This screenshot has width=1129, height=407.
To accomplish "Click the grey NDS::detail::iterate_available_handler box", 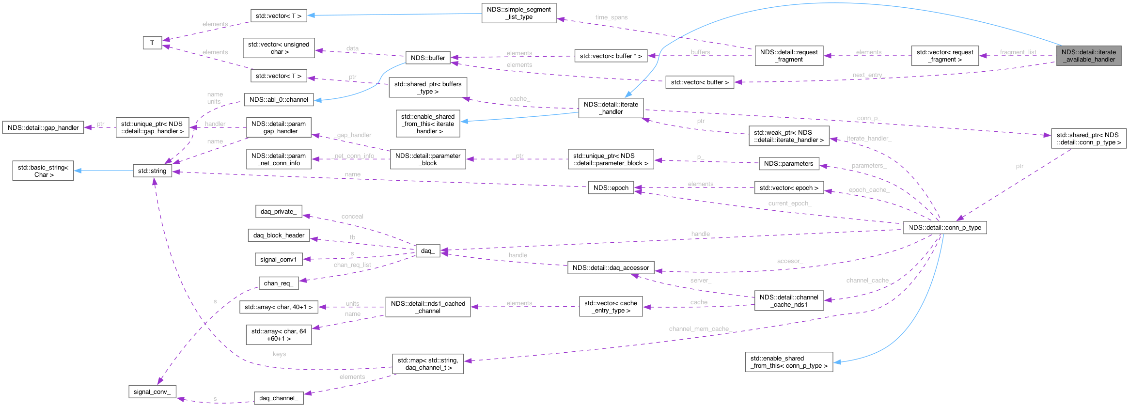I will point(1088,56).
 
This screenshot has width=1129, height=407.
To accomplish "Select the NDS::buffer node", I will point(427,58).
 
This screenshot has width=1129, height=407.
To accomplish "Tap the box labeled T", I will point(152,43).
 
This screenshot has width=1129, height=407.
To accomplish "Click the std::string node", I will point(152,171).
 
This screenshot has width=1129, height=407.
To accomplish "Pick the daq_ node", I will point(427,250).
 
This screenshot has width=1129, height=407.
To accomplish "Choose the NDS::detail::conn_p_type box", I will point(945,227).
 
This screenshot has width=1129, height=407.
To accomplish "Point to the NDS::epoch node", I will point(611,188).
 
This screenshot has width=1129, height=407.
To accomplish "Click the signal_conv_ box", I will point(152,391).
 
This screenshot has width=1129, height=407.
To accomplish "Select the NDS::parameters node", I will point(788,163).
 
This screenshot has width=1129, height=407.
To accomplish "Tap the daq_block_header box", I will point(279,235).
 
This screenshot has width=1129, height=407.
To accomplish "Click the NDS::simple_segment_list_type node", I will point(518,13).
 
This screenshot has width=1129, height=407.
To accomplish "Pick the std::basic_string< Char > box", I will point(43,171).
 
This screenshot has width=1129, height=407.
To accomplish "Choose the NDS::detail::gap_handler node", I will point(43,128).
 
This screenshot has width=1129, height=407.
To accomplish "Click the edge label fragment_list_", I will point(1019,52).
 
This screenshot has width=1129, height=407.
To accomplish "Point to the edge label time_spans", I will point(612,17).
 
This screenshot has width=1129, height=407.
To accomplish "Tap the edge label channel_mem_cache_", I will point(699,329).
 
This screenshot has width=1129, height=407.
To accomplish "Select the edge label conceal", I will point(352,216).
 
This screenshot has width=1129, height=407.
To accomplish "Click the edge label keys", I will point(279,354).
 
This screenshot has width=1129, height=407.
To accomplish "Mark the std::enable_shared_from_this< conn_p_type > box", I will point(789,362).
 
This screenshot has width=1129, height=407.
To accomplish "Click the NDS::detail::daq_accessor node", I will point(611,267).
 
